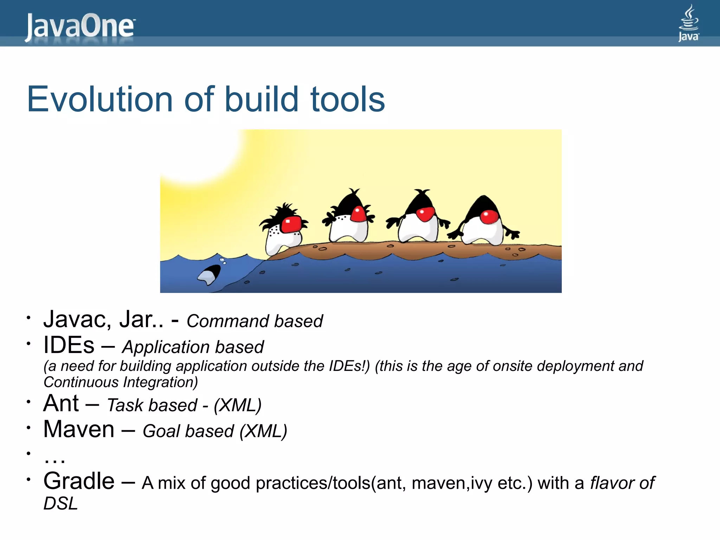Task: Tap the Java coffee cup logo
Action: click(x=688, y=22)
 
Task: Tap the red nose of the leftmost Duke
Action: click(x=291, y=225)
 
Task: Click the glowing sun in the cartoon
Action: click(x=197, y=155)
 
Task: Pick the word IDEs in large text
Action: click(x=69, y=345)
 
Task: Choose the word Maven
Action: click(x=79, y=429)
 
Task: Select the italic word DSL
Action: click(x=60, y=503)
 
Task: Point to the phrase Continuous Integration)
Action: click(x=121, y=382)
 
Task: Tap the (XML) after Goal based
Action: click(x=263, y=431)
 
